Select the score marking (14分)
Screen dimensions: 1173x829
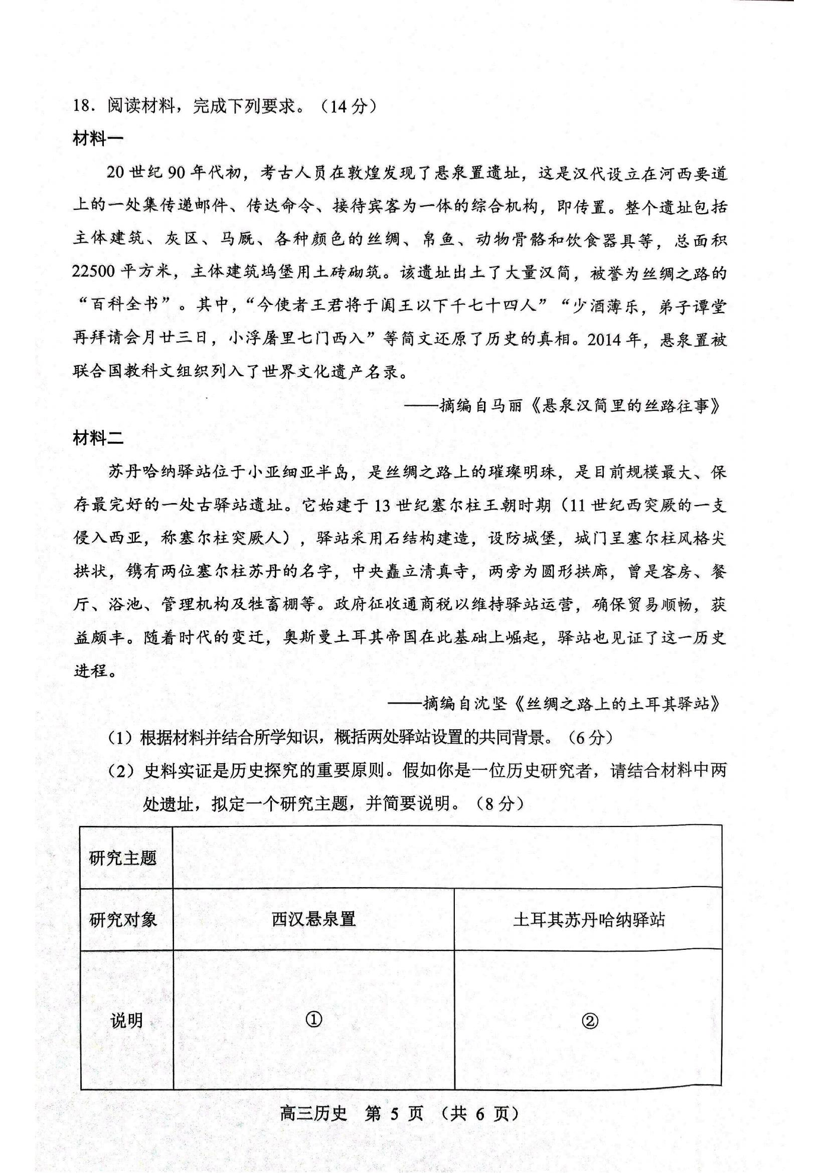click(349, 106)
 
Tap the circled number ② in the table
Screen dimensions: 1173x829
click(589, 1021)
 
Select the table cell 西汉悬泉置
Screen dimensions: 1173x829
click(313, 919)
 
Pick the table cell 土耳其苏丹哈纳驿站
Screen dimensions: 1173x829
click(589, 920)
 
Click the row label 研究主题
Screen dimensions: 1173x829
click(122, 858)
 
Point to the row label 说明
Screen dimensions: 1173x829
click(126, 1021)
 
